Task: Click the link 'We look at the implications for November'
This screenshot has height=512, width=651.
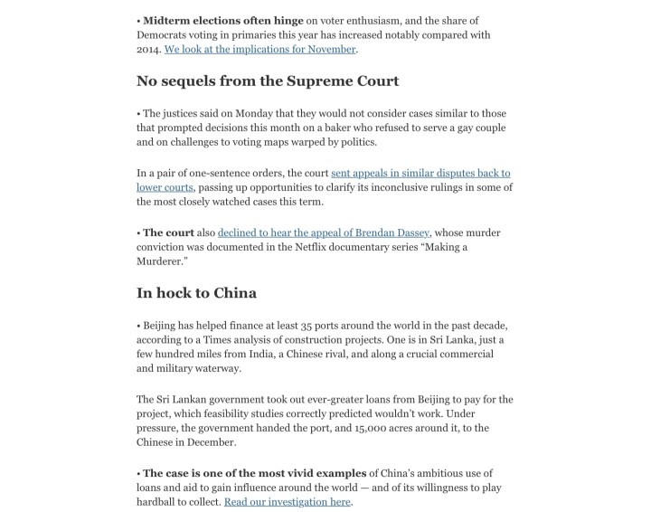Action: [x=260, y=49]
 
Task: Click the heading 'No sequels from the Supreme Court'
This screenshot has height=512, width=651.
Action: [x=268, y=81]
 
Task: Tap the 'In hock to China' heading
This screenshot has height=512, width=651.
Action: [x=196, y=292]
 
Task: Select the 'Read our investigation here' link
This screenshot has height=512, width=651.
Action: [x=288, y=502]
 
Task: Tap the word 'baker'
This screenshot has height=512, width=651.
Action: [x=337, y=128]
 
